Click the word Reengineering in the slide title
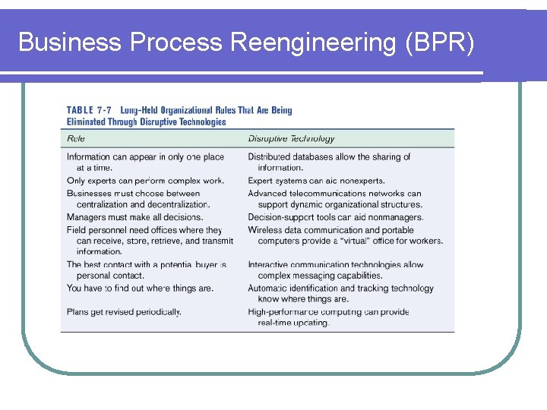coord(312,43)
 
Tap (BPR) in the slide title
coord(440,43)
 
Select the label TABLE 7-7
coord(90,110)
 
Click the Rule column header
coord(76,138)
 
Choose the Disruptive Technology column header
coord(291,138)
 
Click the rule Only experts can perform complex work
coord(145,181)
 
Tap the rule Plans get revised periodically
coord(124,311)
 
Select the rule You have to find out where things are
coord(140,288)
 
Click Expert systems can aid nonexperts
coord(316,181)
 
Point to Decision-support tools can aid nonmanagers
coord(335,217)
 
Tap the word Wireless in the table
coord(265,229)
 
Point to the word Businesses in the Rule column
coord(90,193)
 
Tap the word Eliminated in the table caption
coord(90,121)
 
